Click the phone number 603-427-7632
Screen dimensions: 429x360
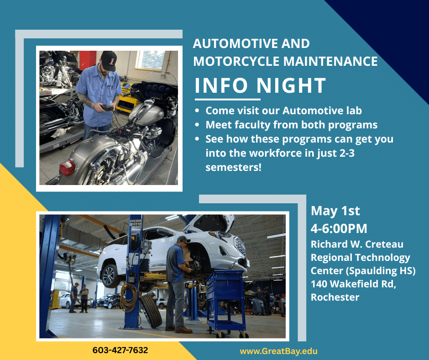point(120,350)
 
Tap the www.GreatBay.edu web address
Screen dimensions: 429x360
point(278,351)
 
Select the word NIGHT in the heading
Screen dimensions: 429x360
point(291,85)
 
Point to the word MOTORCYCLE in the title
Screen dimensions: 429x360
point(236,61)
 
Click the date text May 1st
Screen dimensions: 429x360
point(335,211)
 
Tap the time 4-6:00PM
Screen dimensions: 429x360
point(339,228)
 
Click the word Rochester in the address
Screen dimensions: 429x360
point(335,297)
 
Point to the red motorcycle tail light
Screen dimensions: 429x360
point(67,167)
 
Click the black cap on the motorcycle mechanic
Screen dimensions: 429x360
point(109,61)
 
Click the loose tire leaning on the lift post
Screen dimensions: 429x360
point(151,311)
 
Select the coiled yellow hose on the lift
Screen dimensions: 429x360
point(129,297)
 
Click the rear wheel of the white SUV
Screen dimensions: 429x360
point(110,275)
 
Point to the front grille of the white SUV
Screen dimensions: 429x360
point(240,245)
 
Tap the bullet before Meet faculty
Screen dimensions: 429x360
point(197,125)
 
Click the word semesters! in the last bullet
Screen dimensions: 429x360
point(233,167)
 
